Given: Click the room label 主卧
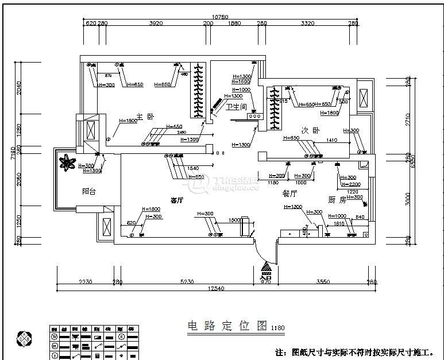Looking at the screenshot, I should pos(145,116).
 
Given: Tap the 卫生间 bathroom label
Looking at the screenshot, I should pos(235,107).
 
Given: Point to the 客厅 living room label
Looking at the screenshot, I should pos(177,200).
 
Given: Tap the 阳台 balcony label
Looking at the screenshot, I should pos(88,192).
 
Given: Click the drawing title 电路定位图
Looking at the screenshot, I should pos(227,327).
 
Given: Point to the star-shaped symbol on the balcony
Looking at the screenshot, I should pos(67,162).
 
